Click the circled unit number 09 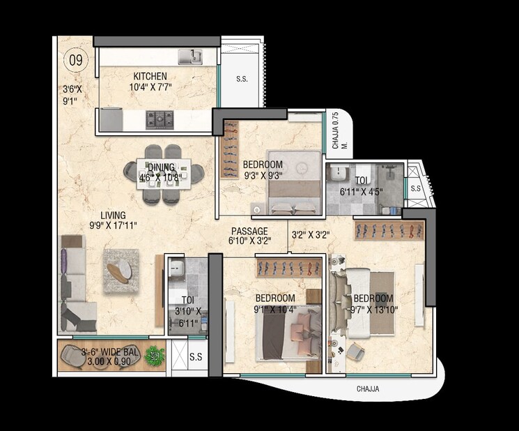75,59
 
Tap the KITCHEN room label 150,75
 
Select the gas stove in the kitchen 160,119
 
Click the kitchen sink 189,56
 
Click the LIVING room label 113,215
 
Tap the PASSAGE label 249,231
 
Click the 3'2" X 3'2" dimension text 310,236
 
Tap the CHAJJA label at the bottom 368,389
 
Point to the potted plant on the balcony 155,353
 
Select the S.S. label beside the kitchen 242,80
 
